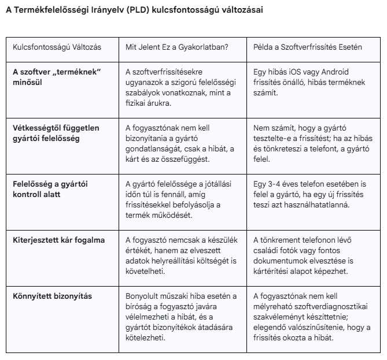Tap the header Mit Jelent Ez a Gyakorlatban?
(x=177, y=47)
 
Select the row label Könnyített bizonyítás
(x=52, y=296)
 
